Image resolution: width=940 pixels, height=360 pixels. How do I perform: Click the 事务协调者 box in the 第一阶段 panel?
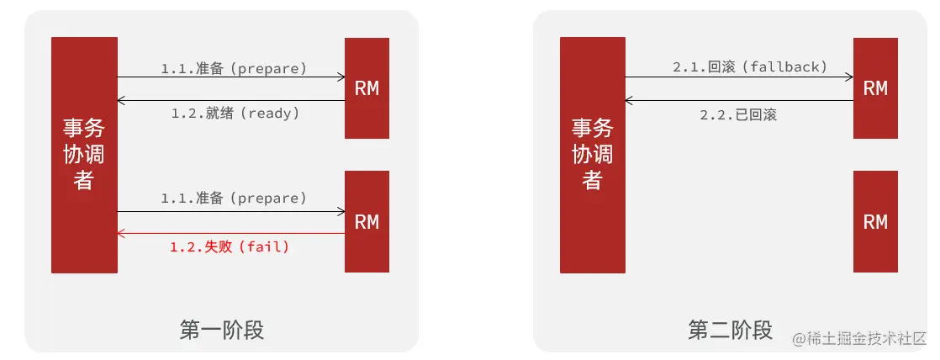[x=84, y=155]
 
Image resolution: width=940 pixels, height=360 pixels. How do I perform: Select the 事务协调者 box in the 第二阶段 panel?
[x=593, y=155]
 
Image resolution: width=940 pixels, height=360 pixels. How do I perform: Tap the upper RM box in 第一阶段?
[x=367, y=88]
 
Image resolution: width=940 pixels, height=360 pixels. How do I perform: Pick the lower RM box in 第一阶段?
[x=367, y=221]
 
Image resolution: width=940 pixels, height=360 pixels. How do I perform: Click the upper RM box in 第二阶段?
[x=875, y=88]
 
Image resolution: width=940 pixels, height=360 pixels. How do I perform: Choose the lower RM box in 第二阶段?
[x=875, y=221]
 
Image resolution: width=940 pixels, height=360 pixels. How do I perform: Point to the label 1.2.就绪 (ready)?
[x=235, y=113]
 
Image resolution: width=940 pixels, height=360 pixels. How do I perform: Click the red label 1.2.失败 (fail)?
[x=230, y=246]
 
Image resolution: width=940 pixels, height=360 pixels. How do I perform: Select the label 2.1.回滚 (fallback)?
[x=750, y=66]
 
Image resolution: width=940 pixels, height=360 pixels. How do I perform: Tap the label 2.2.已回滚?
[x=738, y=115]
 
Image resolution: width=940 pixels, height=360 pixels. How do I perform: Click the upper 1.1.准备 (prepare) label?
[x=234, y=67]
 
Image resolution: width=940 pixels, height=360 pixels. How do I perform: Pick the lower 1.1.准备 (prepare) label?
[x=234, y=199]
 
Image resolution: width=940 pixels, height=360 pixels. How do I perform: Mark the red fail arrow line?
[x=231, y=233]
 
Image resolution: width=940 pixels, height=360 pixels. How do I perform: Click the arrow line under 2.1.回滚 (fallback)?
[x=739, y=77]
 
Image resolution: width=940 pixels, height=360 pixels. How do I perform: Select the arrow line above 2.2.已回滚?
[x=739, y=100]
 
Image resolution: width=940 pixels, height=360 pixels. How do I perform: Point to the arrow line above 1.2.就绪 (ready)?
[x=231, y=100]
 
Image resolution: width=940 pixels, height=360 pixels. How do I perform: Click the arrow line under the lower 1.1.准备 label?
[x=231, y=211]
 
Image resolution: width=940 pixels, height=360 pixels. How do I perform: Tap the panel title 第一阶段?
[x=222, y=330]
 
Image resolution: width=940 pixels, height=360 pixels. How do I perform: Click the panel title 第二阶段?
[x=730, y=330]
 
